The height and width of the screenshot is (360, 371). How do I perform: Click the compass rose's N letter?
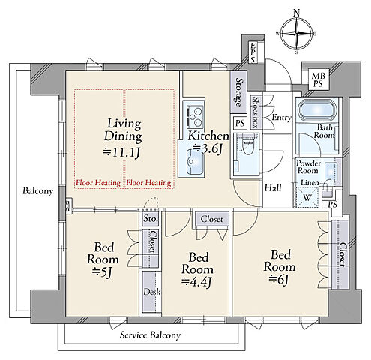click(296, 13)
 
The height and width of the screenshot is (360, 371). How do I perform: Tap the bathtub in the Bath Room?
click(318, 110)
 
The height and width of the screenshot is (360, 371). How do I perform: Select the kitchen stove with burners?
click(195, 116)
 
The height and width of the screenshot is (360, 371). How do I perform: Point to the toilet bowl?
click(247, 147)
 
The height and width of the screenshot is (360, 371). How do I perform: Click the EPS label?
click(253, 52)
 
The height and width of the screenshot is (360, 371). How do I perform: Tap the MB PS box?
click(317, 79)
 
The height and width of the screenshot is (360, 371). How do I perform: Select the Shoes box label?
click(256, 112)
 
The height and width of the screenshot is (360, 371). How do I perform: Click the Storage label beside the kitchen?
click(239, 91)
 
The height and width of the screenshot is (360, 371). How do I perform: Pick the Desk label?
click(151, 292)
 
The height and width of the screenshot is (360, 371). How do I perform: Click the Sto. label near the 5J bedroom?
click(151, 219)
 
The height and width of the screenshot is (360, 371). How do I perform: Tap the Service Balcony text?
click(150, 335)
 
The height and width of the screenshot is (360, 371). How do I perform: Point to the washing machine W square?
click(307, 197)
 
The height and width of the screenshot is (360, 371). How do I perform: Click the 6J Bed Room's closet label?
click(342, 254)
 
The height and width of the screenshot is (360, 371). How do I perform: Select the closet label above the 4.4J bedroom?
click(211, 219)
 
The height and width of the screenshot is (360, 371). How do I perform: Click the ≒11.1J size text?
click(121, 152)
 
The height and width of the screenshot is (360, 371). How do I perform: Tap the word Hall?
click(273, 187)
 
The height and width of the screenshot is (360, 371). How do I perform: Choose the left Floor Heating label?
click(98, 183)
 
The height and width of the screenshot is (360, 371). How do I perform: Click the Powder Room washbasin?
click(331, 170)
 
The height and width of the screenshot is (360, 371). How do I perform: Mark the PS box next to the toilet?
click(240, 123)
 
